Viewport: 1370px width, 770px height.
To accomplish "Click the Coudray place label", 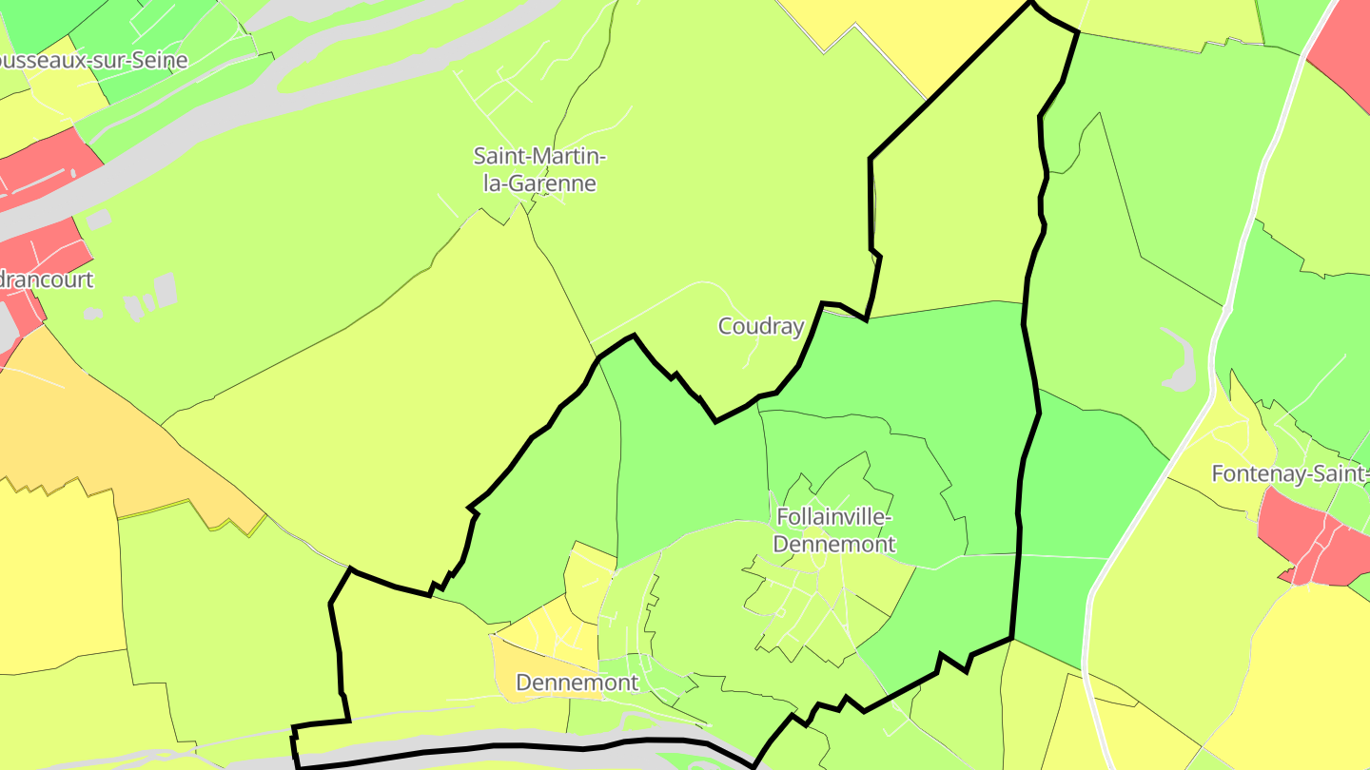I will [x=760, y=326].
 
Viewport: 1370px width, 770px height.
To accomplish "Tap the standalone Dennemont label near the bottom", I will [x=577, y=682].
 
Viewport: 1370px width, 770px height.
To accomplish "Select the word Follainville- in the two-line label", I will [x=834, y=517].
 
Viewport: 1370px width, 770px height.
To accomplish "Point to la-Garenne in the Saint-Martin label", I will [x=539, y=183].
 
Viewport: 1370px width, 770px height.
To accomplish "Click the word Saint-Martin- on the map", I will [x=539, y=155].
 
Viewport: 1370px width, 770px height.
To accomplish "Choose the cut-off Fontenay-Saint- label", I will [x=1289, y=472].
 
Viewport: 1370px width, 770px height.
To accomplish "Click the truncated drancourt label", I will [x=47, y=279].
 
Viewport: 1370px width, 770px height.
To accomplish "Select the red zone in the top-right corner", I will [x=1343, y=48].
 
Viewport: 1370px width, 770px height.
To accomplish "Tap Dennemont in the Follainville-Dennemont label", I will [x=834, y=544].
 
